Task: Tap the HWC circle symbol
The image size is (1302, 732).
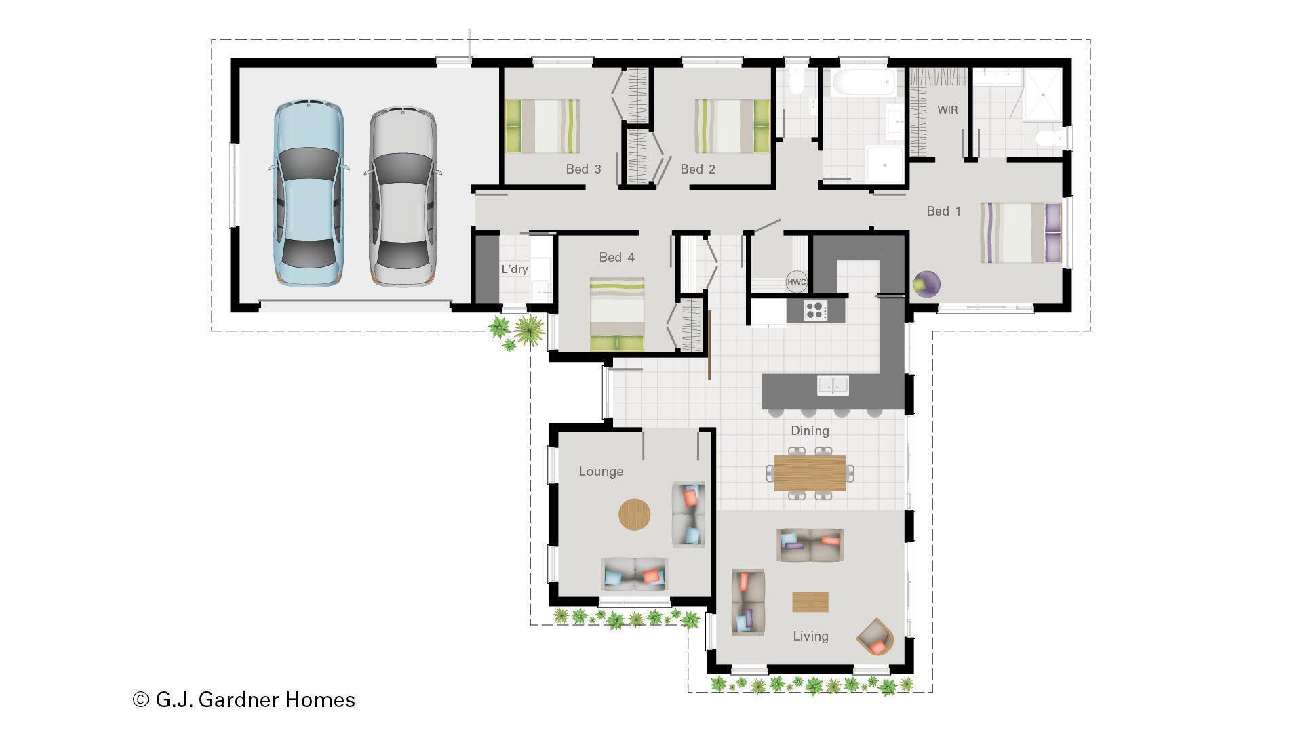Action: coord(796,282)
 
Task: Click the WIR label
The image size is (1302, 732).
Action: coord(947,110)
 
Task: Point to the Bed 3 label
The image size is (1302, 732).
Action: coord(583,169)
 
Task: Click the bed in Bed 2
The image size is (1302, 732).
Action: coord(732,126)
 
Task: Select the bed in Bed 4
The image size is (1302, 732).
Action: coord(617,313)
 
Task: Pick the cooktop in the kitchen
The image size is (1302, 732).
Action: coord(816,310)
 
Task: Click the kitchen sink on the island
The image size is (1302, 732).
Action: coord(833,386)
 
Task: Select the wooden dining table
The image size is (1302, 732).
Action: coord(810,473)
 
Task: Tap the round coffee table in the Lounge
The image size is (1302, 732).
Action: coord(634,514)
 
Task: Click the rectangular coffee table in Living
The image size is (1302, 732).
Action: coord(810,602)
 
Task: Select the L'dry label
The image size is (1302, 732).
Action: coord(515,269)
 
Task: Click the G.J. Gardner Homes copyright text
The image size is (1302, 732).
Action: coord(244,699)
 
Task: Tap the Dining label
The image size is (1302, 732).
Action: coord(810,431)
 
